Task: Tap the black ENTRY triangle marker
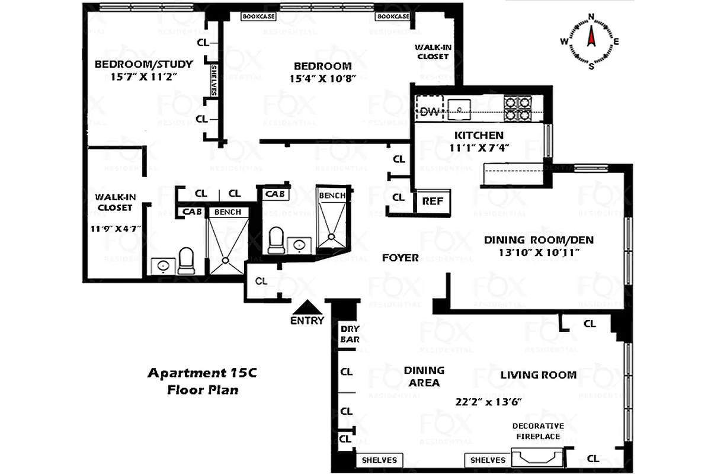[x=308, y=307]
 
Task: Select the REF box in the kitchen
[x=433, y=201]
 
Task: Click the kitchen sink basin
[x=460, y=109]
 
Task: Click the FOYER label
[x=400, y=258]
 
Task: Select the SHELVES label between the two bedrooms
[x=214, y=81]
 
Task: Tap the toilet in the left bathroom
[x=187, y=261]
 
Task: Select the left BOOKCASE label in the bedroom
[x=258, y=17]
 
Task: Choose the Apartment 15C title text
[x=201, y=373]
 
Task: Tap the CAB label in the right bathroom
[x=274, y=194]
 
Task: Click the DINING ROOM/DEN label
[x=539, y=240]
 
